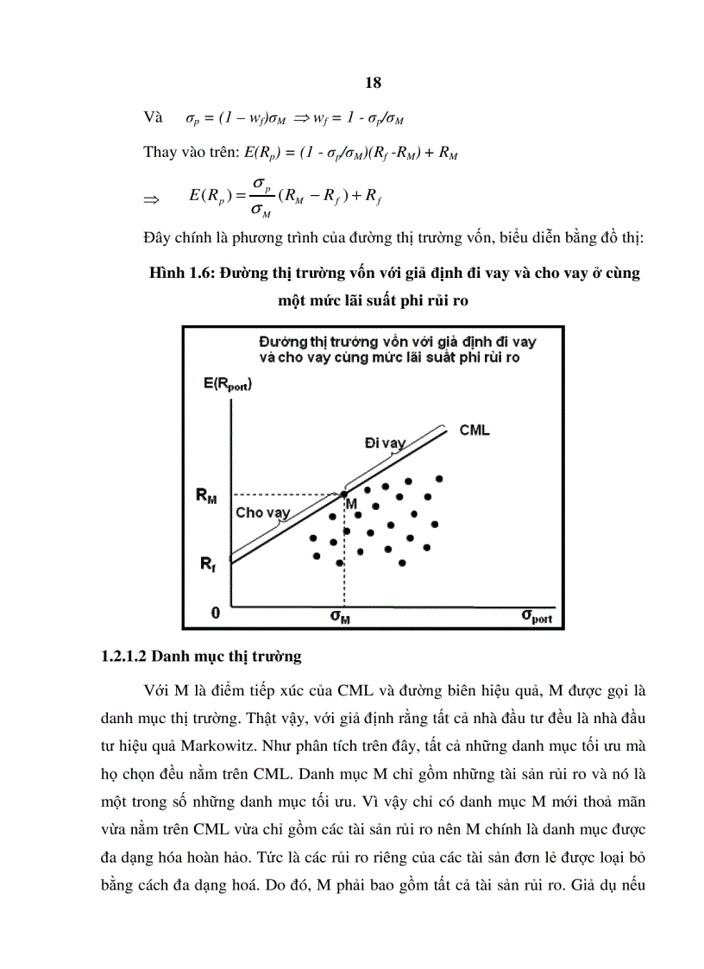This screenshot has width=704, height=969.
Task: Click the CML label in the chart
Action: click(475, 430)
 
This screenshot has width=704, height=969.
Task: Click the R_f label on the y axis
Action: click(208, 565)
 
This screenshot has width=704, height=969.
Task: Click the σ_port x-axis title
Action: click(536, 617)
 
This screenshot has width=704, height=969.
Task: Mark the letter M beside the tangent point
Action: click(351, 503)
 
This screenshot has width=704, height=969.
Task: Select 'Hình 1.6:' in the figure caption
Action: click(180, 274)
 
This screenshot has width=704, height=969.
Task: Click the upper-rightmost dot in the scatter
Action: click(439, 478)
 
